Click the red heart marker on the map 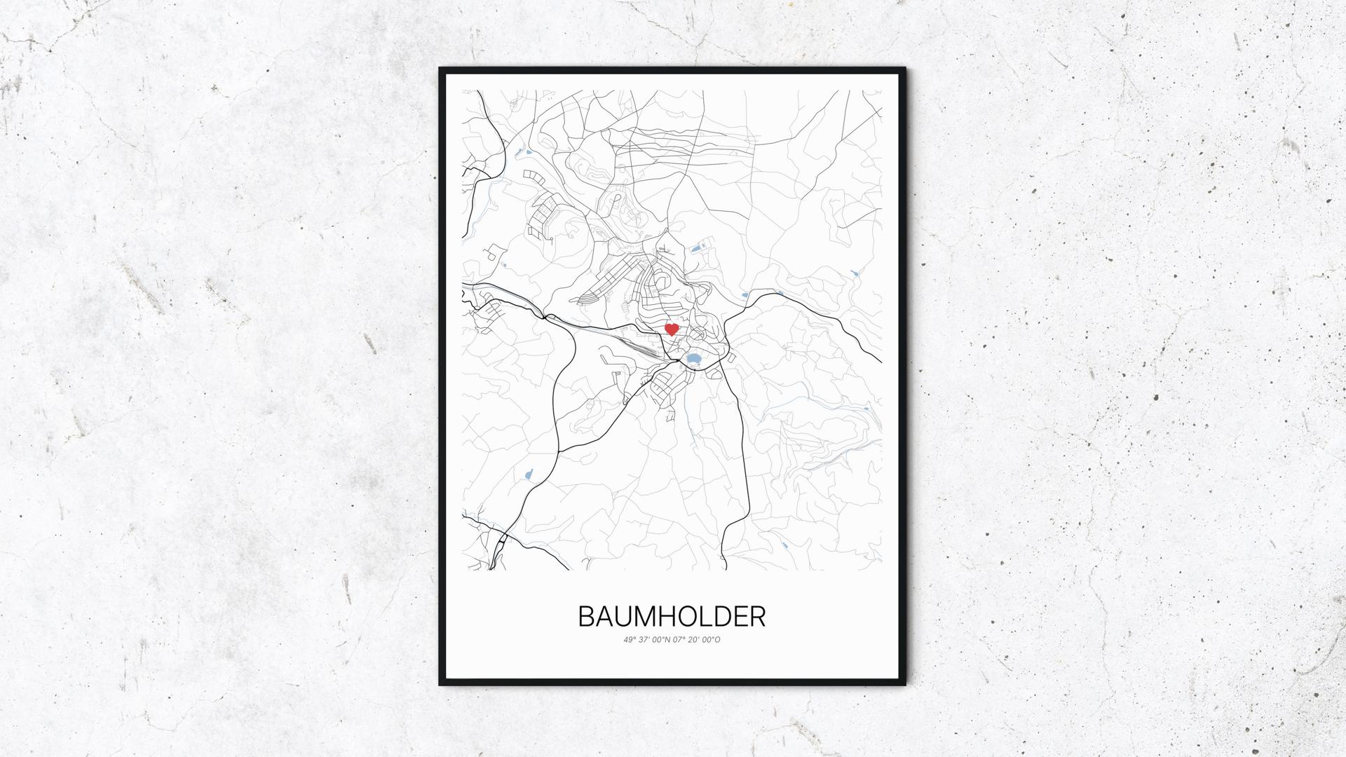point(672,329)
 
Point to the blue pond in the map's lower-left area point(528,475)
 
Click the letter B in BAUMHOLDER point(587,617)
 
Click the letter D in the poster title point(730,617)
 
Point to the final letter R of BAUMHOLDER point(757,617)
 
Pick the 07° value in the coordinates point(679,639)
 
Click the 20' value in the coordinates point(695,639)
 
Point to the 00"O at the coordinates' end point(712,639)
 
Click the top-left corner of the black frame point(441,69)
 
